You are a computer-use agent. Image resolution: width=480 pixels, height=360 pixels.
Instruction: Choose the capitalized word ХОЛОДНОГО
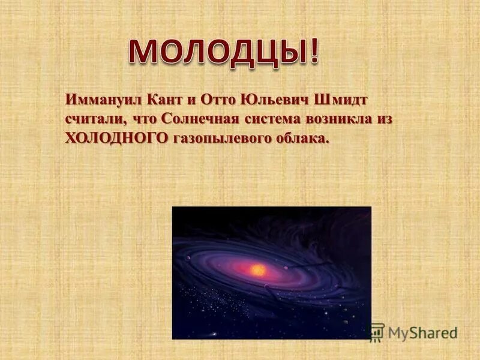pyautogui.click(x=116, y=138)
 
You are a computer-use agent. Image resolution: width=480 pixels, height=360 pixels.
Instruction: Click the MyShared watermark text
pyautogui.click(x=422, y=332)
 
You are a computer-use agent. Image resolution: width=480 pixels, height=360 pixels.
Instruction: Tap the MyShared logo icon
pyautogui.click(x=376, y=332)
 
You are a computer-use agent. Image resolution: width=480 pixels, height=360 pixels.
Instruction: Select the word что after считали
pyautogui.click(x=144, y=118)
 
